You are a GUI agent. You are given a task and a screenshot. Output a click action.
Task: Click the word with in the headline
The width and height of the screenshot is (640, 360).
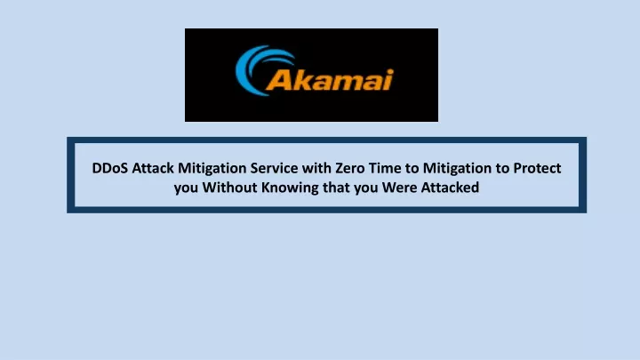click(316, 168)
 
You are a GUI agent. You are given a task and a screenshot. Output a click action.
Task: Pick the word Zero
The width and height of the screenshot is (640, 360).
click(350, 168)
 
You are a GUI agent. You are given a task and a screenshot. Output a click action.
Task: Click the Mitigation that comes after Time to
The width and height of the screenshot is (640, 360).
click(457, 169)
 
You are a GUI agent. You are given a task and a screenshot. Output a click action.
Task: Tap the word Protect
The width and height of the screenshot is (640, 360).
click(537, 168)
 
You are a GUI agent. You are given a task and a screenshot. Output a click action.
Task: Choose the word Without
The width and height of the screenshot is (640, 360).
click(230, 188)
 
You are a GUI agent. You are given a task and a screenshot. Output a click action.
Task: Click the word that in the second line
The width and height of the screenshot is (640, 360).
click(336, 188)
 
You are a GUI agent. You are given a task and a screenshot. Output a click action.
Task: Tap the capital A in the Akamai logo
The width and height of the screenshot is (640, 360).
click(277, 80)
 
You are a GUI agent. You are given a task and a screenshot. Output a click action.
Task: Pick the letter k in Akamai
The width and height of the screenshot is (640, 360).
click(300, 80)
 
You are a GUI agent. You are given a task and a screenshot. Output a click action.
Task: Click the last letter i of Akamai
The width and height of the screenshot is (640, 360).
click(388, 80)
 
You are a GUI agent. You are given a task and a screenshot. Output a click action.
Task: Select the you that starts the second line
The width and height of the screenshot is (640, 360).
click(186, 189)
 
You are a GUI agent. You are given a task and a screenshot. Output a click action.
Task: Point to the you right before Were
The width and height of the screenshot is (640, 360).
click(365, 189)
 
